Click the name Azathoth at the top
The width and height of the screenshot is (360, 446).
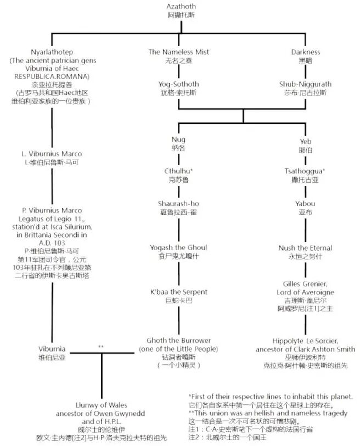click(181, 6)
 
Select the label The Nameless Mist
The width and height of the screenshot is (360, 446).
click(178, 52)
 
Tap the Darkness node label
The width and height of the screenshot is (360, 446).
click(305, 52)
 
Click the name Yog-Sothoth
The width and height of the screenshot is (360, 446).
click(178, 84)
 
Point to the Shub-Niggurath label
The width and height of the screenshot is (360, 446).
click(305, 84)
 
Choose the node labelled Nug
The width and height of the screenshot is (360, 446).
click(178, 139)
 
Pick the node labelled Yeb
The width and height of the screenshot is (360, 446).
click(305, 142)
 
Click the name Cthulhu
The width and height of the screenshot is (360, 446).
click(178, 171)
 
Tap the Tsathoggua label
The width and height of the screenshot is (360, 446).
click(305, 171)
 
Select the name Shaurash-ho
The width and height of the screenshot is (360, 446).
click(178, 204)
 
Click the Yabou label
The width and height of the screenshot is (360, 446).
click(305, 204)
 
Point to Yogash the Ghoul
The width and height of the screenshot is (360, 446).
click(178, 248)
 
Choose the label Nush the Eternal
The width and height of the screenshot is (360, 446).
click(305, 248)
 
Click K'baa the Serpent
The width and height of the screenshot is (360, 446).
click(179, 292)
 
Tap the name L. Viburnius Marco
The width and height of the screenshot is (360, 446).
click(52, 154)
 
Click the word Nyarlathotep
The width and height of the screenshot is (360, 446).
click(52, 52)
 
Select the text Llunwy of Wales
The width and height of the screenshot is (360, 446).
click(102, 405)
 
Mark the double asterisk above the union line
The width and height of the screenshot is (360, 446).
click(101, 347)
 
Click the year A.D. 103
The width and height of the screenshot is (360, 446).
click(52, 243)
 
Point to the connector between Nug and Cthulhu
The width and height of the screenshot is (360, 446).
click(179, 159)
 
